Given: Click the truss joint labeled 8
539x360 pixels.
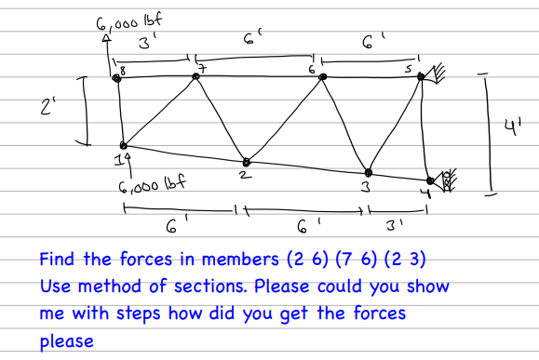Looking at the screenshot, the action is pos(116,79).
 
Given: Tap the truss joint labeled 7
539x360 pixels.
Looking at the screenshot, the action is pos(195,76).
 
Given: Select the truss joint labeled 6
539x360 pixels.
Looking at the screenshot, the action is pos(322,76).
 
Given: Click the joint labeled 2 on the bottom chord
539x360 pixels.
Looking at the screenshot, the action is pos(246,159).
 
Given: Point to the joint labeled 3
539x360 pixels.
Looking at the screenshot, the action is pos(369,172).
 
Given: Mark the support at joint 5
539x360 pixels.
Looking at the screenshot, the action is pos(432,75).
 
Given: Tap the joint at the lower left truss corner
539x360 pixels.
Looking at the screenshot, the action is pos(122,145).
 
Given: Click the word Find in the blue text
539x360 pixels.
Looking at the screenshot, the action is pos(58,257).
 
